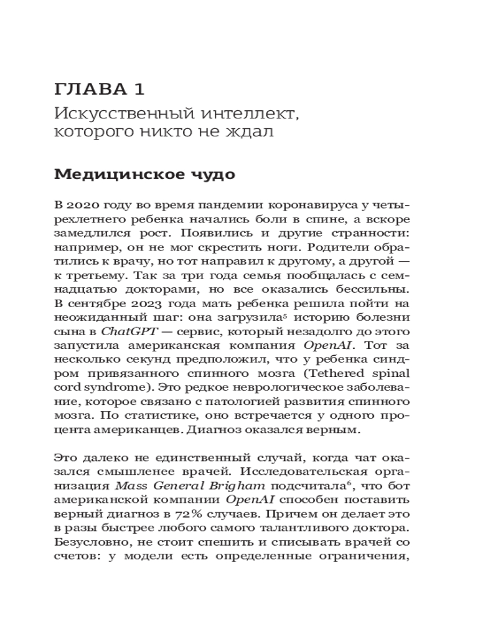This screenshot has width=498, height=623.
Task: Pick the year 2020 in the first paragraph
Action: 84,206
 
